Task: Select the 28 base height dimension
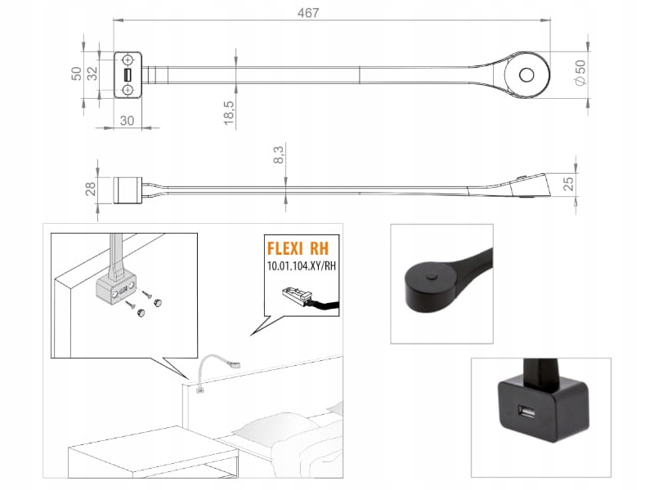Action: (91, 189)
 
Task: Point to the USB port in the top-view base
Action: (128, 76)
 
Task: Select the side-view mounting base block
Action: (128, 189)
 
